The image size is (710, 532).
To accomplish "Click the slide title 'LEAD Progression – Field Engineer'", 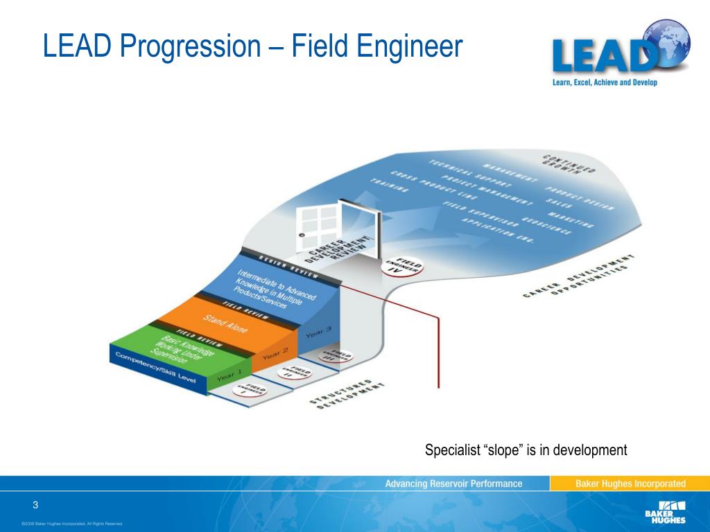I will [252, 47].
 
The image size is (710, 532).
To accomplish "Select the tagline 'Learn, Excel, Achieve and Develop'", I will [604, 83].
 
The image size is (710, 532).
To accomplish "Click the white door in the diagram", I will [317, 221].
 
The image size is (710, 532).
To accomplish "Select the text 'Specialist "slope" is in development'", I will [526, 450].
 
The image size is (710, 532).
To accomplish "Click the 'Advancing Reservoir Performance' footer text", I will [453, 484].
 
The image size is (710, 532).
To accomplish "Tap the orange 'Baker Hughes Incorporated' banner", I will [630, 484].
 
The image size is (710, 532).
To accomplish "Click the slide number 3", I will [34, 504].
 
